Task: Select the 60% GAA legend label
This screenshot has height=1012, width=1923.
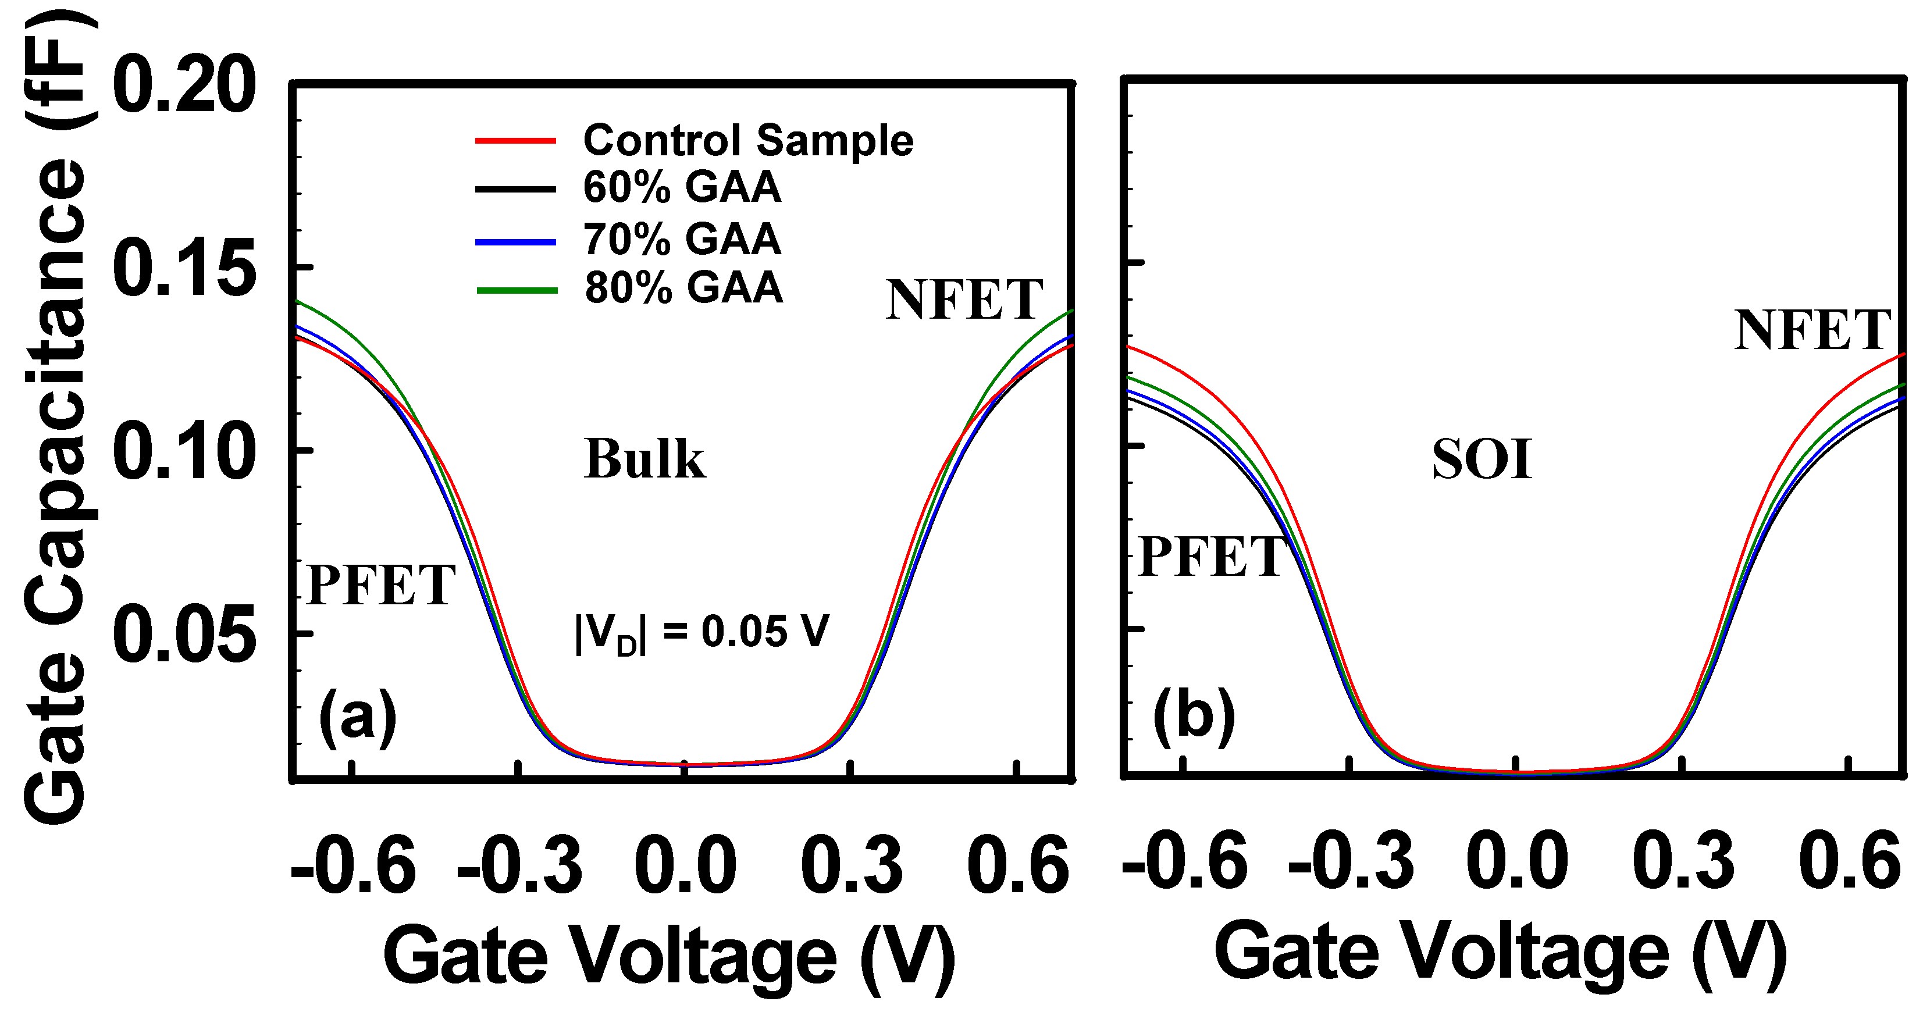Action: click(x=682, y=187)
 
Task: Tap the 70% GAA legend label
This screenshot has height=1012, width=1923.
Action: click(x=682, y=240)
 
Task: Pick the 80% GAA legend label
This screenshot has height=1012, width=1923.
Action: click(x=683, y=288)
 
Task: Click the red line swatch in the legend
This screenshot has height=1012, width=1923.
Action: click(x=516, y=140)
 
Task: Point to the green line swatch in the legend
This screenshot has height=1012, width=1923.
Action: click(x=517, y=290)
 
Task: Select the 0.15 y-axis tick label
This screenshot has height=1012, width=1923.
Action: click(x=184, y=268)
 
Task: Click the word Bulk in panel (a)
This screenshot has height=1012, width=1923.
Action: click(x=644, y=458)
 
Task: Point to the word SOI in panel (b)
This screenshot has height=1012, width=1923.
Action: click(x=1482, y=459)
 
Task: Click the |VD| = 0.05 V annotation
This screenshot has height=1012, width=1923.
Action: click(x=701, y=633)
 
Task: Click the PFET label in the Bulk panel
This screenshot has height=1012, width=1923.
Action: click(x=381, y=585)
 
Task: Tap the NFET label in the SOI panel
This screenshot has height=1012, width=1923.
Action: click(x=1812, y=330)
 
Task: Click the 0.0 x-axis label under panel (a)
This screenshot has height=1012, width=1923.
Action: click(x=685, y=865)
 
